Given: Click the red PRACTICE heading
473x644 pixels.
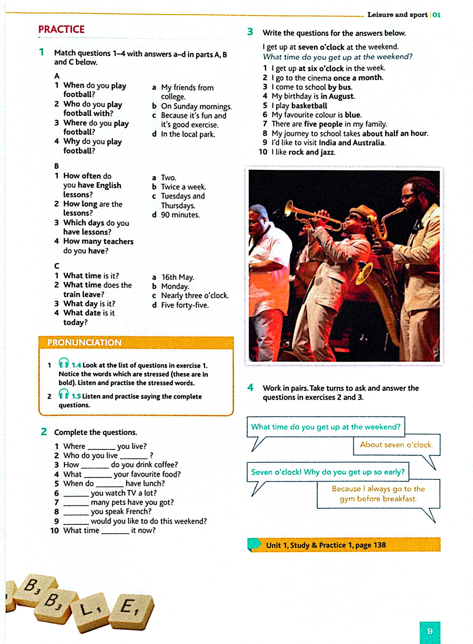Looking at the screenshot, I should tap(61, 29).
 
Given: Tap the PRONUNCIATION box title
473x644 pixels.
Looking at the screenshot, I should tap(84, 342).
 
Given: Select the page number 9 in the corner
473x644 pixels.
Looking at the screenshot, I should tap(429, 631).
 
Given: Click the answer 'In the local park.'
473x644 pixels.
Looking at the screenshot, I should tap(188, 134).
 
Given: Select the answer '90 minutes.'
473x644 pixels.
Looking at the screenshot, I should tap(180, 215).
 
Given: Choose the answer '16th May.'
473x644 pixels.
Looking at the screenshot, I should tap(178, 277).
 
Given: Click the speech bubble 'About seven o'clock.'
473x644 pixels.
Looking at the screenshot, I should tap(396, 445).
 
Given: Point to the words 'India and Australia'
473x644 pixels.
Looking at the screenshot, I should tap(352, 143).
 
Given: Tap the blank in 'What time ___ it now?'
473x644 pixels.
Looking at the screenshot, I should tap(115, 531).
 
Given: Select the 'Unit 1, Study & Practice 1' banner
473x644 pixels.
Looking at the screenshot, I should tap(343, 545).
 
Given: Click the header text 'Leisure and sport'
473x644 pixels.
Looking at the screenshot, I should tap(397, 15).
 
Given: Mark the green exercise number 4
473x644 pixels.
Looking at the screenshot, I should tap(250, 387).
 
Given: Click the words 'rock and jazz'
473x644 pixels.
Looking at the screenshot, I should tap(312, 152).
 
